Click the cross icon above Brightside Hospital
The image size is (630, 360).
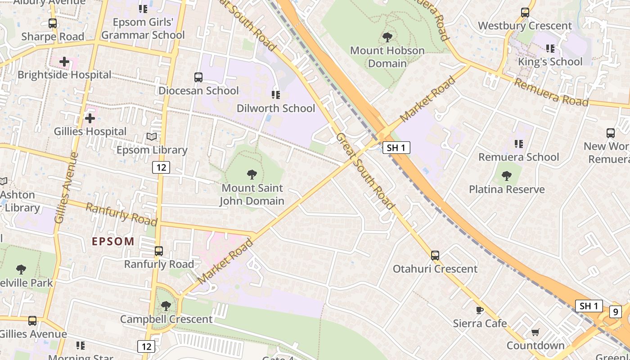click(x=64, y=62)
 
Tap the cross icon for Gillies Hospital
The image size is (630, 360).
click(x=90, y=118)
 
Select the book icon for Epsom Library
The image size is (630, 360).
click(x=152, y=136)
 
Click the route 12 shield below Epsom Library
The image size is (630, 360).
click(x=161, y=168)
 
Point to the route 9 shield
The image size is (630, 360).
click(x=616, y=311)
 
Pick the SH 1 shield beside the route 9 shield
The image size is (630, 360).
click(x=589, y=306)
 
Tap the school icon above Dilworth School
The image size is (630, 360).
click(x=276, y=95)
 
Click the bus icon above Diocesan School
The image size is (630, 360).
click(x=198, y=77)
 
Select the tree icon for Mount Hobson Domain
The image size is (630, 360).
click(x=387, y=37)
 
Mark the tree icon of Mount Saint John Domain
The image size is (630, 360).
click(x=252, y=175)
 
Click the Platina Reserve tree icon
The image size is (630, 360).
click(x=507, y=176)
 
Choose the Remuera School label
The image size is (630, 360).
click(x=518, y=157)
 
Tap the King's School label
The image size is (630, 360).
click(x=550, y=62)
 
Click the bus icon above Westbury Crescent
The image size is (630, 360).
click(x=525, y=13)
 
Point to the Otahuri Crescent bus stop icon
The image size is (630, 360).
click(x=435, y=256)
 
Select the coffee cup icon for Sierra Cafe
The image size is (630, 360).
click(x=480, y=310)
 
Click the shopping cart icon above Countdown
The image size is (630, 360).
click(x=535, y=332)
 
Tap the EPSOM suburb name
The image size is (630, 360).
click(x=113, y=241)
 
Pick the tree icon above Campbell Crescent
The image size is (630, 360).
click(x=166, y=306)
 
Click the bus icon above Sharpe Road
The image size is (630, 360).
click(x=53, y=23)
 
